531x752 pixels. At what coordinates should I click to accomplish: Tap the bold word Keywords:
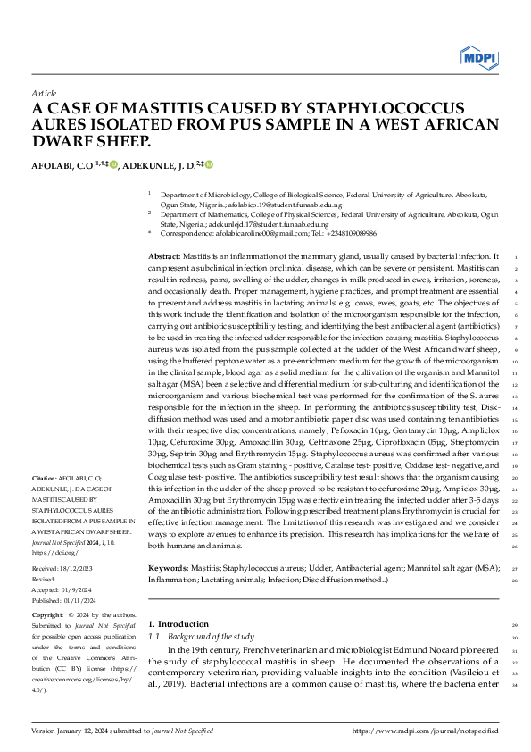click(168, 567)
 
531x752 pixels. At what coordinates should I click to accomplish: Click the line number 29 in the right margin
click(517, 625)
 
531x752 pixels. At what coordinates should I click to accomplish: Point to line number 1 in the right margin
click(519, 257)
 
